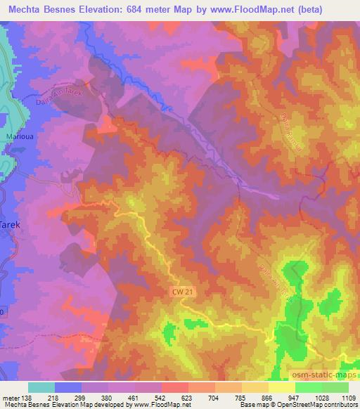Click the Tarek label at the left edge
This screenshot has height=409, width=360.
(x=8, y=226)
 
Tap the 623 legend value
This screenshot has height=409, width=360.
(x=188, y=398)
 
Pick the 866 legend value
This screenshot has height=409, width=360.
(x=268, y=398)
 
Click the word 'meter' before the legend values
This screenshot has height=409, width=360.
(x=11, y=398)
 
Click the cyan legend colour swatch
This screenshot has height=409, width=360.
(x=41, y=387)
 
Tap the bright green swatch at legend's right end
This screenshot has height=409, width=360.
(x=335, y=387)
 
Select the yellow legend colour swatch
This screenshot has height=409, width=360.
(x=281, y=387)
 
